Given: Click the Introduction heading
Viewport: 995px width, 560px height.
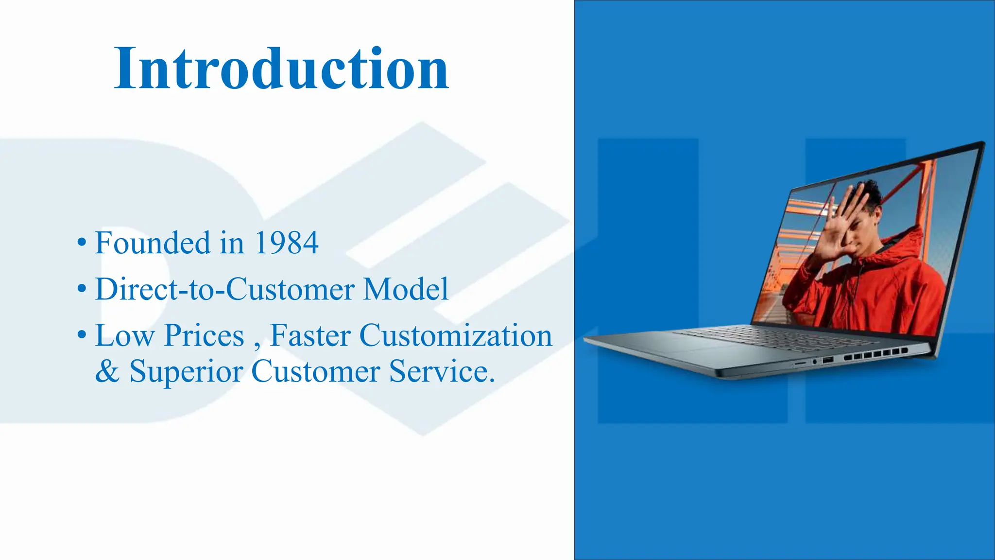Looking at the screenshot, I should pyautogui.click(x=281, y=69).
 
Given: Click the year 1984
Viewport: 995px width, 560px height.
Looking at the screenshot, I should pyautogui.click(x=286, y=243).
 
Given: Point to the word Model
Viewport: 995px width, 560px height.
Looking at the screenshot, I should pyautogui.click(x=406, y=289).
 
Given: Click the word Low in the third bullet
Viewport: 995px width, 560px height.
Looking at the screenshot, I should pyautogui.click(x=124, y=335).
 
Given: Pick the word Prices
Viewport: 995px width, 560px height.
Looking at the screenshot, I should pyautogui.click(x=204, y=335).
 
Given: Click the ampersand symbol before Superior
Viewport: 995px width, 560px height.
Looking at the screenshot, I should pyautogui.click(x=107, y=372).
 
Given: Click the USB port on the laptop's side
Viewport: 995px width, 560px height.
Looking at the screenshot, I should pyautogui.click(x=828, y=360).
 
